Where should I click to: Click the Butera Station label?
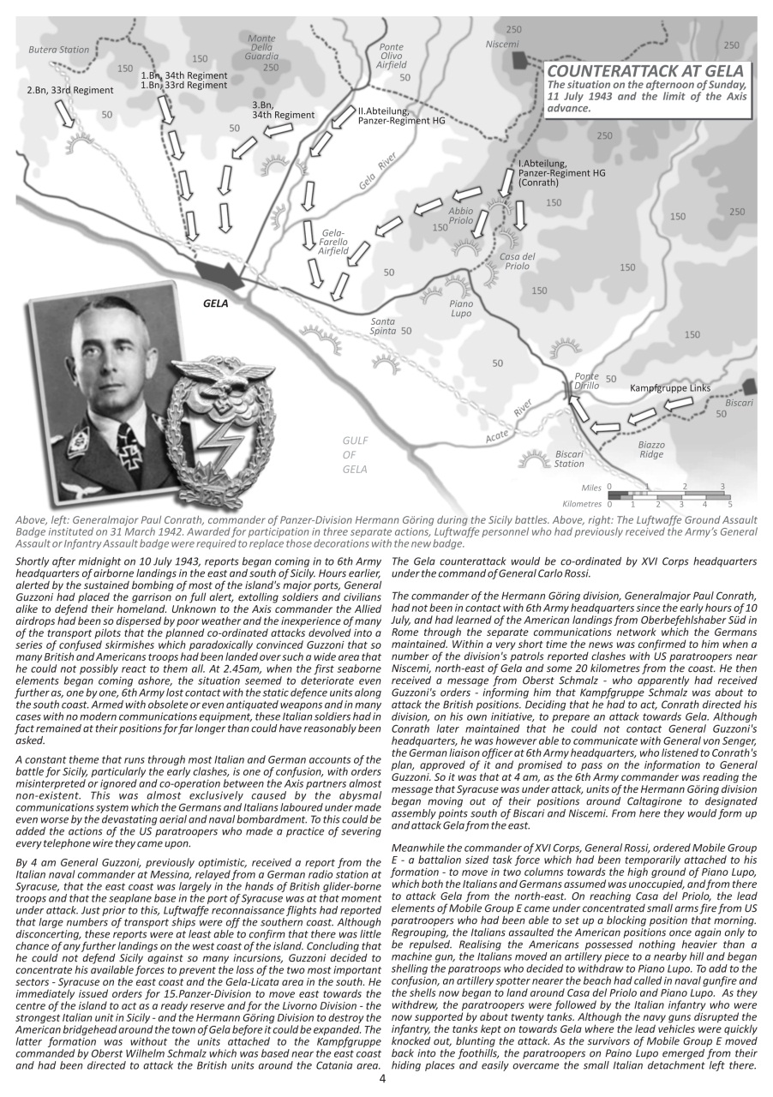(x=58, y=50)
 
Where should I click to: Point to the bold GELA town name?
(x=215, y=303)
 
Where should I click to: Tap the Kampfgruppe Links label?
(x=669, y=388)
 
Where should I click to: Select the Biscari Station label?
(x=569, y=459)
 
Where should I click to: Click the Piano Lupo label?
(x=460, y=309)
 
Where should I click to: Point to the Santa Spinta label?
(x=383, y=326)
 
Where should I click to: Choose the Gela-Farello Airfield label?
(x=333, y=242)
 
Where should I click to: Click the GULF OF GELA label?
(x=355, y=454)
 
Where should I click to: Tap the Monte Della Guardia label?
(x=261, y=48)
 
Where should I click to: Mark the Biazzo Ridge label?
(x=650, y=450)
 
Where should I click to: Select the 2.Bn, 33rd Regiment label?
(x=69, y=90)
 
